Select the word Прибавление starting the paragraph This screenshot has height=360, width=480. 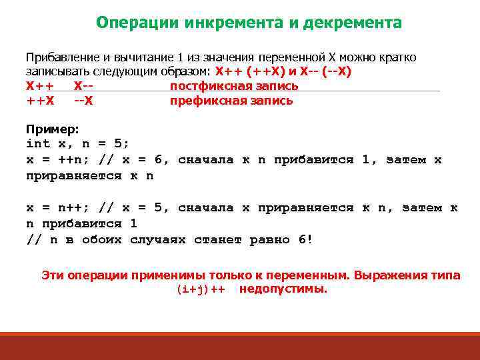tap(61, 57)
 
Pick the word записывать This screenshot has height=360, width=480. tap(56, 71)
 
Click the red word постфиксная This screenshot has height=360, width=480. tap(205, 86)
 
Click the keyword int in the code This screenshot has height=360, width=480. tap(37, 143)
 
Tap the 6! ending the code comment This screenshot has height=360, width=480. tap(305, 240)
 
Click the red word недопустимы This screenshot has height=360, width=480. tap(283, 289)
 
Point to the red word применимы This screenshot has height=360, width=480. tap(165, 275)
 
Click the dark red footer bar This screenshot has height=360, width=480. tap(240, 346)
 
